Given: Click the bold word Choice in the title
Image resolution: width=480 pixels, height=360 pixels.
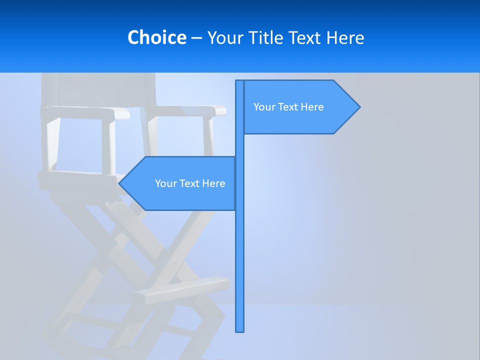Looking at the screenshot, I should pos(156,37).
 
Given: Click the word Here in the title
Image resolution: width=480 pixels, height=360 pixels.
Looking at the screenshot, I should pos(345,37).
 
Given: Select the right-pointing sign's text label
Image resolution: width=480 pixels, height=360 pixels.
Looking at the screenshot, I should pos(288,107).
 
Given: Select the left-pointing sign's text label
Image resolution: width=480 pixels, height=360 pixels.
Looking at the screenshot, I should pos(190,183).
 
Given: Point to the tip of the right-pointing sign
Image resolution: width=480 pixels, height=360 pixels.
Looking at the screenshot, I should pos(359,106).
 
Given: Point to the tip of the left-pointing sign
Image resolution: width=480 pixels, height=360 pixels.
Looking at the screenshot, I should pos(119,183).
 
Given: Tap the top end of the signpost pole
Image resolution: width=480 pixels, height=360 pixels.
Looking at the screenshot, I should pos(239,81).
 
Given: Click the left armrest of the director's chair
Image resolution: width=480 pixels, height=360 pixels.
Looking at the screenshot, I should pos(85,112).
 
